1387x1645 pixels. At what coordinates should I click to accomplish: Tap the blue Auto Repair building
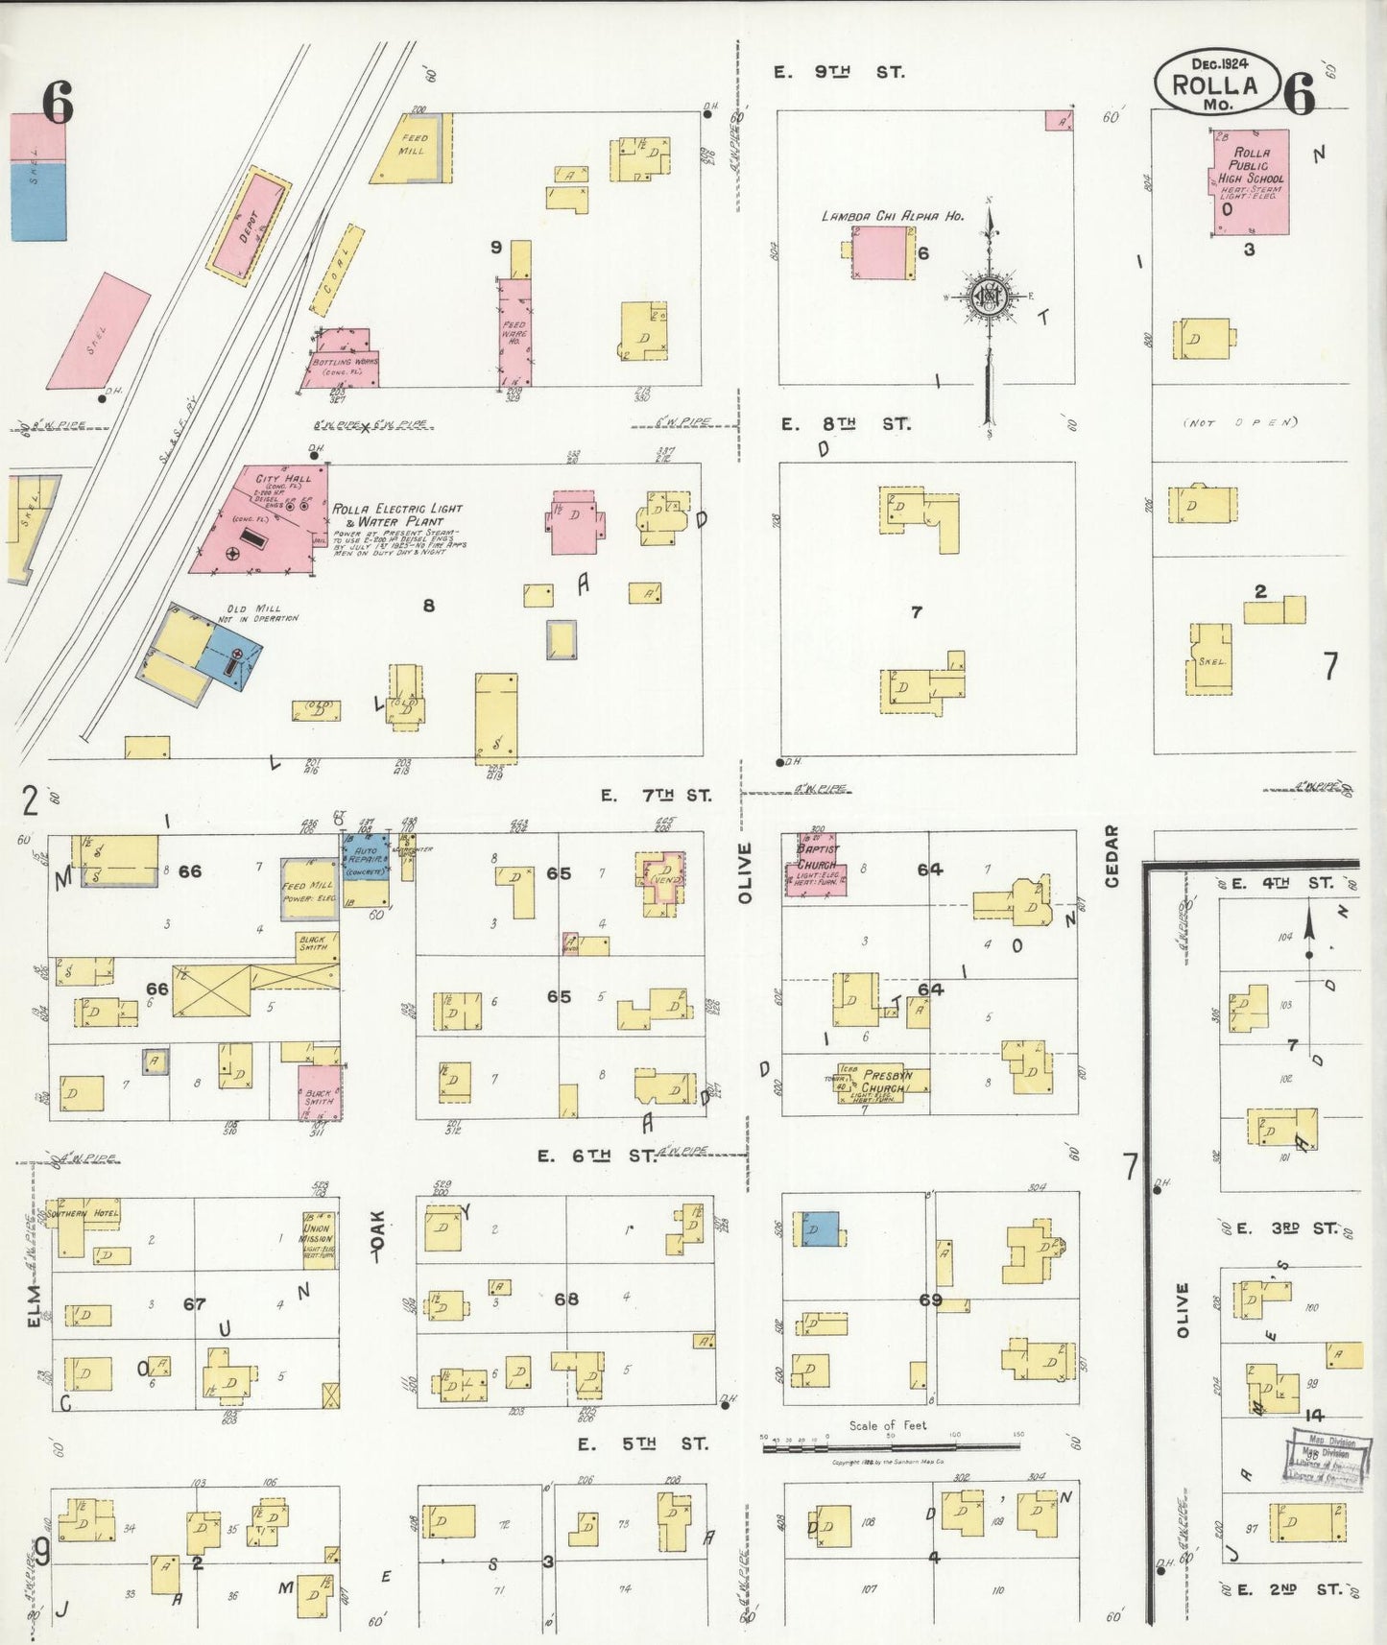tap(366, 870)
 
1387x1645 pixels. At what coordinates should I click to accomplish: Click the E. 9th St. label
tap(839, 72)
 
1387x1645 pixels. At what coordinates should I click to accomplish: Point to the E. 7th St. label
tap(657, 796)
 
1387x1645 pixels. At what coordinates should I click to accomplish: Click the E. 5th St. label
tap(642, 1443)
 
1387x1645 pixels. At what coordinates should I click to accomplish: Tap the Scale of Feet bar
tap(892, 1446)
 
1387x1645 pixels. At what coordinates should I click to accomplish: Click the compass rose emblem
tap(988, 297)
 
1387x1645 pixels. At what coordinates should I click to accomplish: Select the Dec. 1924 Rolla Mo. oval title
tap(1216, 83)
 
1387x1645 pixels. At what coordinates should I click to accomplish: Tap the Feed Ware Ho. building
tap(514, 332)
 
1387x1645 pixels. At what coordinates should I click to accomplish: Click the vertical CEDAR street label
tap(1112, 856)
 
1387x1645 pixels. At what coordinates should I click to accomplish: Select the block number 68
tap(566, 1299)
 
